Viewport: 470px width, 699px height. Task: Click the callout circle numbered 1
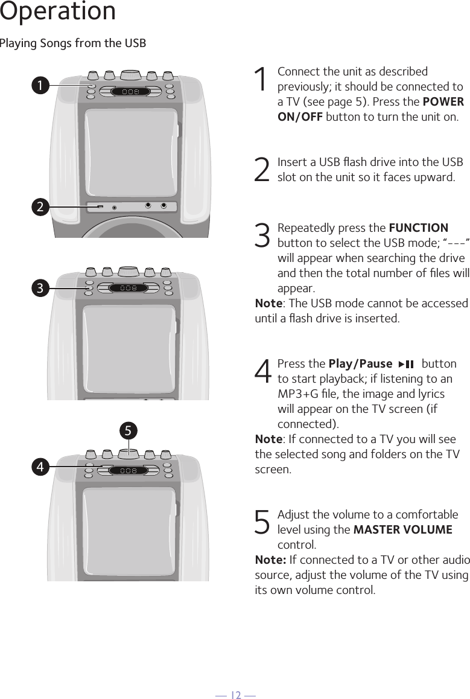[x=40, y=86]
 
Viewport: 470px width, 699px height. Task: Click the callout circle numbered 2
[x=40, y=207]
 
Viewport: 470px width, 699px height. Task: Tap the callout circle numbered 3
[x=40, y=289]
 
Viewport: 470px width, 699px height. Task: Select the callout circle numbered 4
[x=40, y=467]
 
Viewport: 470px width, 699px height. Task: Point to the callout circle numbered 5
[x=128, y=430]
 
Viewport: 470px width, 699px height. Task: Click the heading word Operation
[x=58, y=12]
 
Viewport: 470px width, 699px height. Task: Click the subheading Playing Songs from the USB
[x=73, y=43]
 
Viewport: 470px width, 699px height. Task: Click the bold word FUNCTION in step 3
[x=418, y=228]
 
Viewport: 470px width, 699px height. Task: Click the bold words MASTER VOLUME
[x=402, y=530]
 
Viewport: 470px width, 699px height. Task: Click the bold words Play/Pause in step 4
[x=360, y=364]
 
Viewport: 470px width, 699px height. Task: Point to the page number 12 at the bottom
[x=235, y=695]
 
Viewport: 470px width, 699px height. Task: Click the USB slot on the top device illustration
[x=100, y=207]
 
